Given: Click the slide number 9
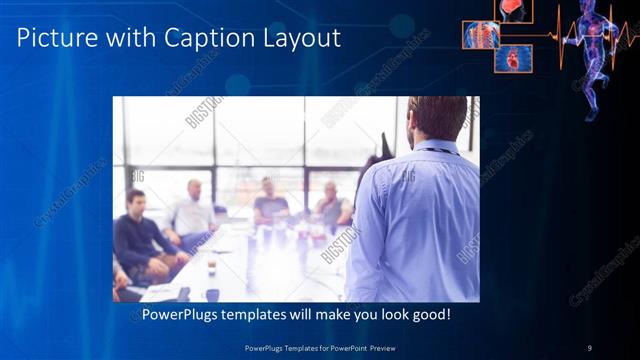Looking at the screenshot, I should coord(589,347).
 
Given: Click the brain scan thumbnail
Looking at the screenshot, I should coord(515,9).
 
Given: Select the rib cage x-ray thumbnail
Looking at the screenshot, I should coord(480,35).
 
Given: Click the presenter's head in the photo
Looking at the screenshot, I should coord(437,117).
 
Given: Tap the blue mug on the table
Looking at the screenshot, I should coord(212,294).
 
